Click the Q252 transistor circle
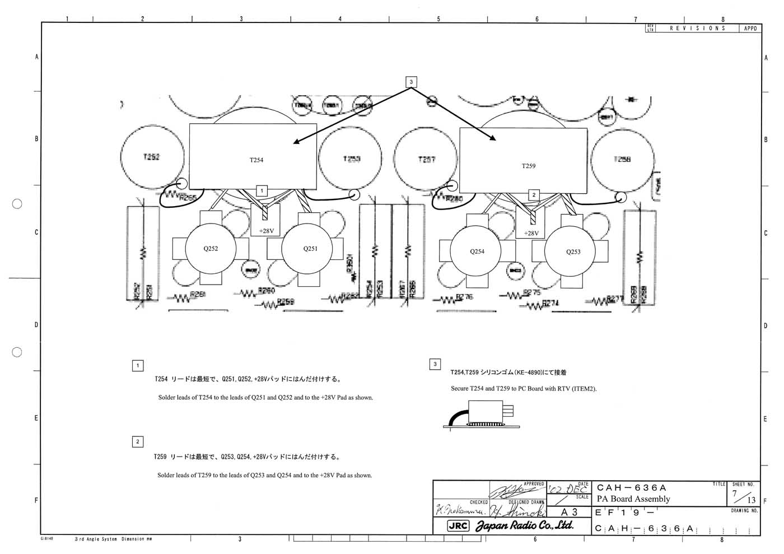211,248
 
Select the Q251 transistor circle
310,248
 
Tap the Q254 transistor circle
477,252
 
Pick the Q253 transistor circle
573,252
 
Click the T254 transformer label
256,160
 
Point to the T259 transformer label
528,166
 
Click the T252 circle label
151,157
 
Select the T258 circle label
622,159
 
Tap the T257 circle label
426,160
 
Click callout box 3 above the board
411,82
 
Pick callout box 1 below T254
262,191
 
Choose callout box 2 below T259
534,195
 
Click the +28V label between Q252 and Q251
266,231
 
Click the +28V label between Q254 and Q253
531,233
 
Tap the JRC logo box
458,526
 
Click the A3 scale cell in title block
568,512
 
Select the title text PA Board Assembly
633,499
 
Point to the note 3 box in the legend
435,364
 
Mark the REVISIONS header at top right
697,28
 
